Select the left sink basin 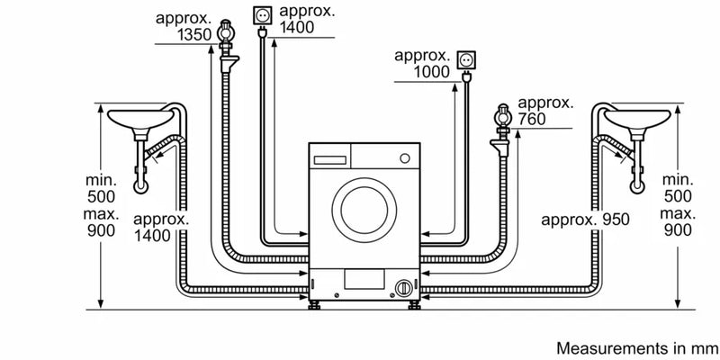coord(139,118)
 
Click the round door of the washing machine coord(362,208)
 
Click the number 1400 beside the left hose coord(157,236)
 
